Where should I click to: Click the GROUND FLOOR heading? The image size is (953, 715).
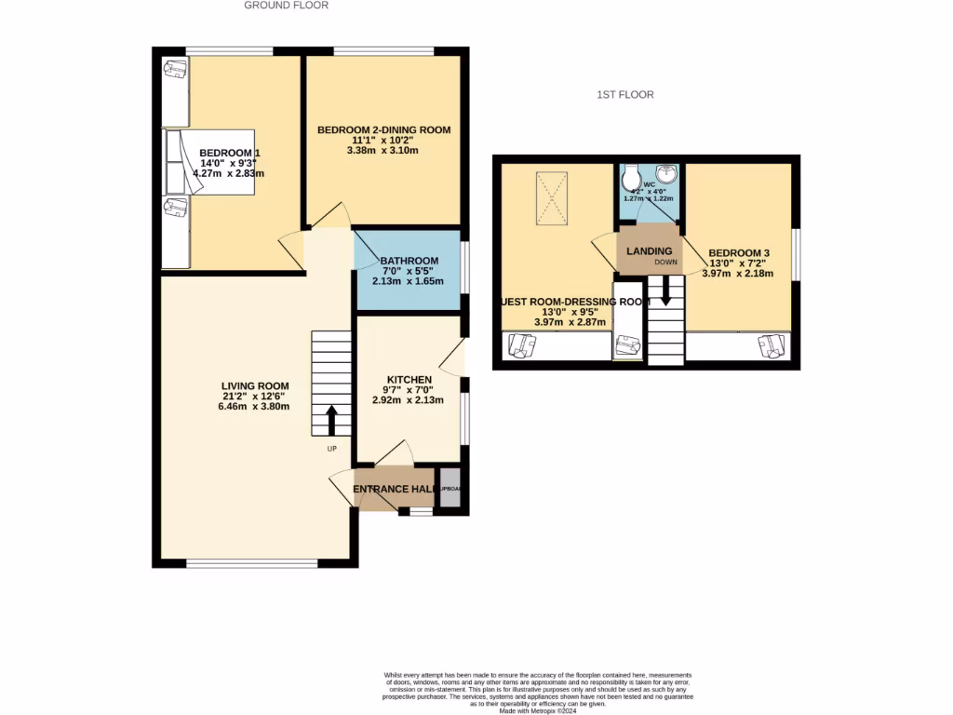pyautogui.click(x=286, y=6)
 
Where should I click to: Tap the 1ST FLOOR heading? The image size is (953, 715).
pyautogui.click(x=625, y=95)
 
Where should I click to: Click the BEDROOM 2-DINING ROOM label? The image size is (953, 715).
pyautogui.click(x=383, y=130)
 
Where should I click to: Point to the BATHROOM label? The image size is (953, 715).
pyautogui.click(x=409, y=261)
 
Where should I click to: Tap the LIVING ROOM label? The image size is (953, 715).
pyautogui.click(x=255, y=386)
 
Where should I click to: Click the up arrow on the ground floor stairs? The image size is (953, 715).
pyautogui.click(x=330, y=420)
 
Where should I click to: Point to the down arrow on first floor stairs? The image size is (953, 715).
pyautogui.click(x=665, y=295)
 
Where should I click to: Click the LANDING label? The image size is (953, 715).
pyautogui.click(x=650, y=252)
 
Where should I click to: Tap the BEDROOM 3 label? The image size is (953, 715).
pyautogui.click(x=740, y=252)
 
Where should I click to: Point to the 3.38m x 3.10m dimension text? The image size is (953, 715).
pyautogui.click(x=383, y=150)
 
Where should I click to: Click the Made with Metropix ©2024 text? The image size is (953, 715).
pyautogui.click(x=539, y=711)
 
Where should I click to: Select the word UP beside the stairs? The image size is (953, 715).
pyautogui.click(x=331, y=449)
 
